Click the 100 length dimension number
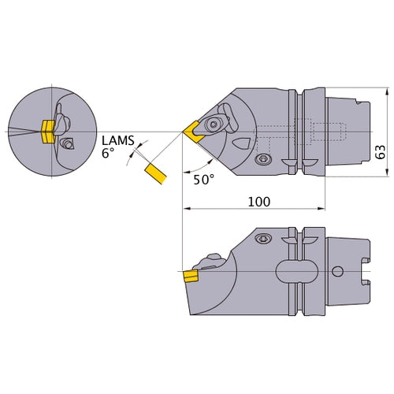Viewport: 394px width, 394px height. (258, 202)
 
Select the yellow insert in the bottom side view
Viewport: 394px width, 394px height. (190, 276)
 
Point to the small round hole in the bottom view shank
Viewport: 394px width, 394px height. (337, 273)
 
